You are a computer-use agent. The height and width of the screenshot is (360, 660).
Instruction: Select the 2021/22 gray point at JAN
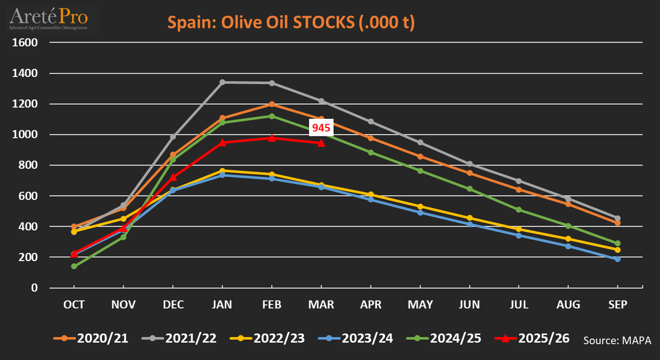tap(222, 82)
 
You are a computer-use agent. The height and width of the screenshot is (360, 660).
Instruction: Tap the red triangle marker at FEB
tap(272, 137)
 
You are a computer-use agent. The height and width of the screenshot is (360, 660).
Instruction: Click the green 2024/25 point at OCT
tap(74, 266)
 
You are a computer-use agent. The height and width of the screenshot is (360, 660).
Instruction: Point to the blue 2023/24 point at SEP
tap(618, 259)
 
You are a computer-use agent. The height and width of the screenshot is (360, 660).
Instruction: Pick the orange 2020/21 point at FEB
tap(272, 104)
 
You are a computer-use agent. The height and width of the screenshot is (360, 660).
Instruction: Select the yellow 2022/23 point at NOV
tap(123, 219)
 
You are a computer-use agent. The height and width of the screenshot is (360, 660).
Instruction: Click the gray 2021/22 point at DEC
tap(173, 136)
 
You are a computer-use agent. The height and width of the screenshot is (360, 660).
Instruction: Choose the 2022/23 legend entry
tap(269, 338)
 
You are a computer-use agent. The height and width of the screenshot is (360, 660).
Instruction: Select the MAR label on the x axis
tap(321, 304)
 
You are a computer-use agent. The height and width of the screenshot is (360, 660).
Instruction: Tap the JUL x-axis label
tap(519, 304)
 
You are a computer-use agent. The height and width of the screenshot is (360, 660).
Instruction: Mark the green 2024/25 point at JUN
tap(469, 189)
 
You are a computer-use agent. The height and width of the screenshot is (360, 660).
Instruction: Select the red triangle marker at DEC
tap(173, 177)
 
